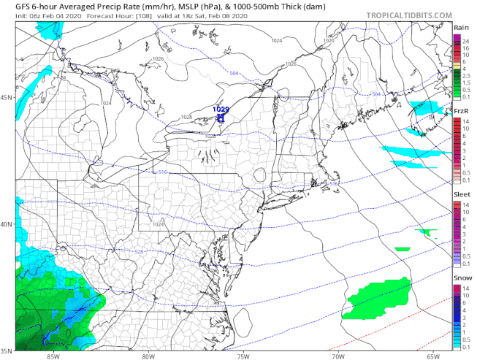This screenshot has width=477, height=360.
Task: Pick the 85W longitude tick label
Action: click(x=53, y=356)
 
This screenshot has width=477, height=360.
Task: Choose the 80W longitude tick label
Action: click(x=148, y=356)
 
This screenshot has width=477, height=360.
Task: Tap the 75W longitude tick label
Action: click(x=243, y=356)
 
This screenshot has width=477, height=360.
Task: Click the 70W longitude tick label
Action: click(x=337, y=356)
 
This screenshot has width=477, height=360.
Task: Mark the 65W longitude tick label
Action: click(x=432, y=356)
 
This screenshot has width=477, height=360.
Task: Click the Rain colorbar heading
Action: click(x=461, y=28)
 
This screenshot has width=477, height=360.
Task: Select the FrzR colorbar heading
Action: click(x=461, y=110)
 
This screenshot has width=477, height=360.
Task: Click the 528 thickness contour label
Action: click(x=138, y=252)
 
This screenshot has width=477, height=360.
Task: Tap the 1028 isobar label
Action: click(x=186, y=118)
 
